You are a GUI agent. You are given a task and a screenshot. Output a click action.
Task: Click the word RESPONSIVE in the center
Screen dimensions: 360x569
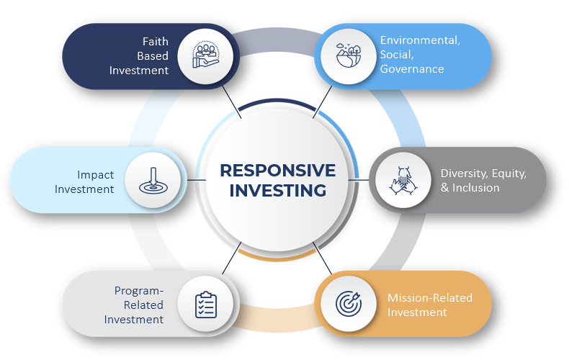click(x=277, y=171)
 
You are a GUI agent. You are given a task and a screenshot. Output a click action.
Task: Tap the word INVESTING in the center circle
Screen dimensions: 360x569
click(x=277, y=191)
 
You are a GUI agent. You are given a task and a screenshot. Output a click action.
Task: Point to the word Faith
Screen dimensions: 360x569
click(x=155, y=42)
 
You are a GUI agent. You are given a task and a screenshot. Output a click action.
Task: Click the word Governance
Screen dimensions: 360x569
click(x=412, y=69)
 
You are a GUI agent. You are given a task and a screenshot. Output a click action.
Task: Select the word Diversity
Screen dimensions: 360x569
click(x=464, y=174)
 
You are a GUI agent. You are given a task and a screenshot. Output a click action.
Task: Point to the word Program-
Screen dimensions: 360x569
click(x=139, y=291)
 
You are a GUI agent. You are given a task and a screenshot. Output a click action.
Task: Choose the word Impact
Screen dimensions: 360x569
click(x=95, y=174)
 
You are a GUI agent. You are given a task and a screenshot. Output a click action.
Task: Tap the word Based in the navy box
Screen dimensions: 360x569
click(x=153, y=56)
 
